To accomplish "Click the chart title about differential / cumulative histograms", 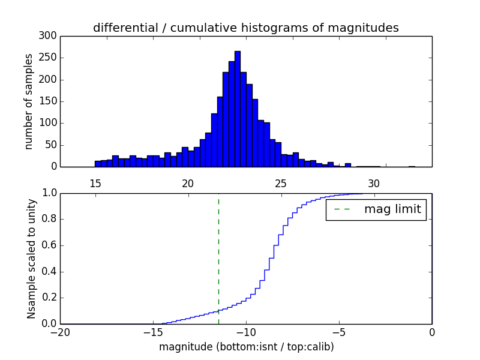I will click(x=245, y=28).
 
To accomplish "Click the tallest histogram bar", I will click(x=238, y=109).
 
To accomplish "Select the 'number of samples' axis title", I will click(x=29, y=101).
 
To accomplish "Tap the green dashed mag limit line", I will click(x=218, y=258).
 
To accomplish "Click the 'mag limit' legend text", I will click(x=392, y=209).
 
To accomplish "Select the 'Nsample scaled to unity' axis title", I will click(x=31, y=258).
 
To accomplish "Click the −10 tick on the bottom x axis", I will click(x=246, y=332).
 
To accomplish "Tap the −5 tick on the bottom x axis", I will click(x=339, y=332).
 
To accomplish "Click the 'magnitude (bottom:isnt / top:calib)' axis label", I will click(x=246, y=347).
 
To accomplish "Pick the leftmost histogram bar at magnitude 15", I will click(x=98, y=164).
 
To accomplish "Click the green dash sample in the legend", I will click(x=342, y=209).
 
